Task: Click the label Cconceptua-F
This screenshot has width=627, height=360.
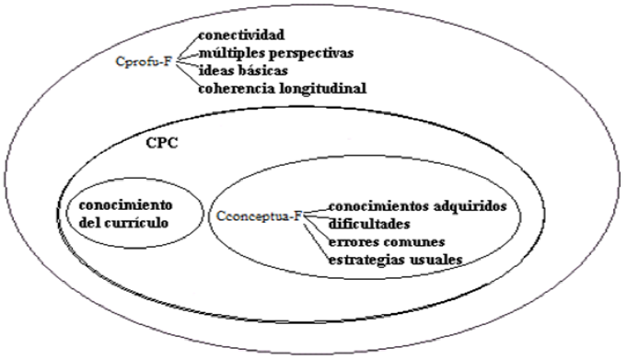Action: (261, 217)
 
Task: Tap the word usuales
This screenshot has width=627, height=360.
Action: (435, 259)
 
